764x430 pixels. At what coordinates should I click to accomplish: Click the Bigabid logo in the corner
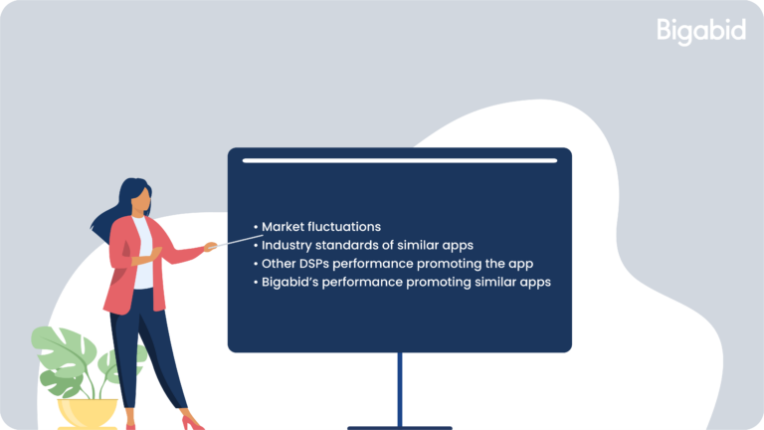tap(701, 31)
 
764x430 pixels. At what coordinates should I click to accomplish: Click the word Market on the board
tap(284, 227)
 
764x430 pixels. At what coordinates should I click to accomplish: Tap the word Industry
tap(286, 245)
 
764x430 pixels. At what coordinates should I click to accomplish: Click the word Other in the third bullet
tap(279, 264)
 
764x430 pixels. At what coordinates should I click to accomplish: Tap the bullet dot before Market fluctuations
tap(256, 227)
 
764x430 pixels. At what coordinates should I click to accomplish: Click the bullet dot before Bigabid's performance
tap(256, 283)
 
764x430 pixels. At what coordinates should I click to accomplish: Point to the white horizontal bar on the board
tap(400, 160)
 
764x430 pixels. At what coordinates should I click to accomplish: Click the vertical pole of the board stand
tap(400, 389)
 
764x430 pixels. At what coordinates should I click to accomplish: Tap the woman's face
tap(141, 200)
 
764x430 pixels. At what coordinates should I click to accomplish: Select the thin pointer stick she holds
tap(237, 241)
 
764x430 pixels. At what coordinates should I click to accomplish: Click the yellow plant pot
tap(88, 413)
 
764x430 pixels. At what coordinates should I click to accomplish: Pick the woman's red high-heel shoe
tap(192, 423)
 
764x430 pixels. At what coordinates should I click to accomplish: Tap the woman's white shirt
tap(143, 254)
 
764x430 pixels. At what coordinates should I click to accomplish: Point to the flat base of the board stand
tap(400, 428)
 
